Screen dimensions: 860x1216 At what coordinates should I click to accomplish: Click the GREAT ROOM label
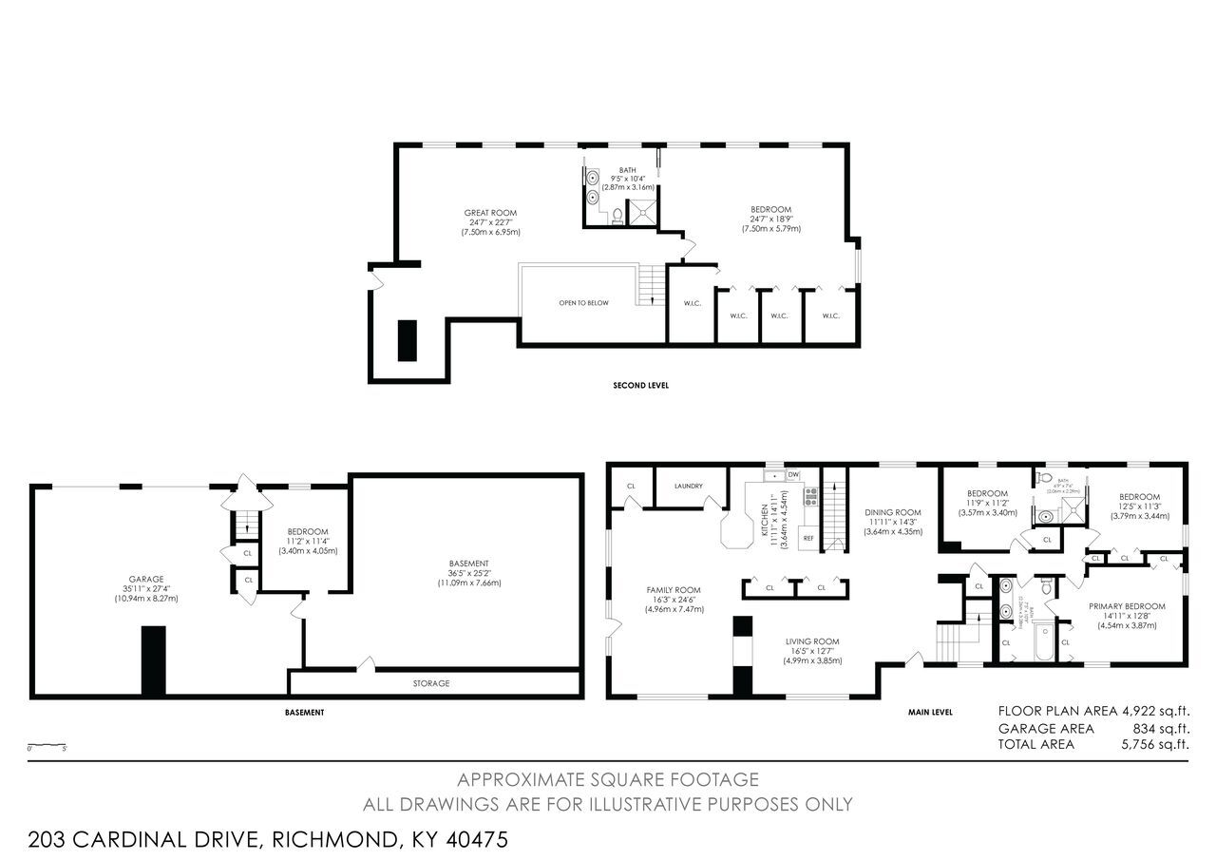point(490,213)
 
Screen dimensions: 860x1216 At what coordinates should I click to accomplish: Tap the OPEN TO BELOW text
point(583,303)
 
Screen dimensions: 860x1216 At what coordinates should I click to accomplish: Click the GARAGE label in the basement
point(146,579)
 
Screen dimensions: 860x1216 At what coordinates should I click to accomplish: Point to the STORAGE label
point(430,683)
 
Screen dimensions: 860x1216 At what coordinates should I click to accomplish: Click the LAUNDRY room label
point(688,486)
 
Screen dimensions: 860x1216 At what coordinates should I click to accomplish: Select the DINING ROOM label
point(893,512)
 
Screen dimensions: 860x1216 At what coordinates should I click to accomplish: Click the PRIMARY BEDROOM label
point(1127,605)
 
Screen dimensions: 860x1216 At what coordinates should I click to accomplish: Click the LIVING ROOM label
point(811,641)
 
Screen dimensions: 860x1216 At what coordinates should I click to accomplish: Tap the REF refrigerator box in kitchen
point(808,538)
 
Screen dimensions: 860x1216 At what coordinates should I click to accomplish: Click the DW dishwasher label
point(792,474)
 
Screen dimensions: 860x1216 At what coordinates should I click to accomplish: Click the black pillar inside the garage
point(153,660)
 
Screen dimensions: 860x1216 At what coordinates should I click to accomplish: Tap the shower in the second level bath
point(641,214)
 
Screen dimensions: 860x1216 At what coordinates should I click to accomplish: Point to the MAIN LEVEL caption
point(930,712)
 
